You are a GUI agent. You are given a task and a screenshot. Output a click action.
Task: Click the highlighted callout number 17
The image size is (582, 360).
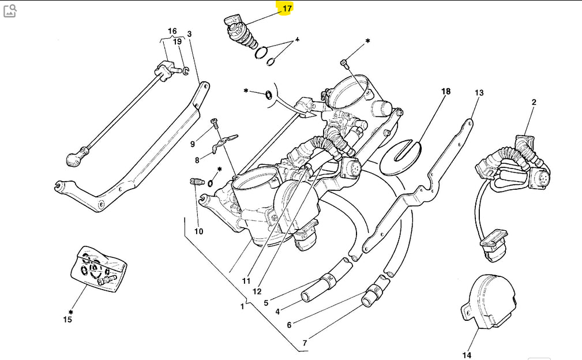[287, 9]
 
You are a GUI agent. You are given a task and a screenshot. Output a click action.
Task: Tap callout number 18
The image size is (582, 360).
[445, 91]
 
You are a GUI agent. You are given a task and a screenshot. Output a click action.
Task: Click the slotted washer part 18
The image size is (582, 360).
[402, 155]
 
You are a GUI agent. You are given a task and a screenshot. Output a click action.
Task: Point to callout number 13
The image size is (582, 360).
[479, 93]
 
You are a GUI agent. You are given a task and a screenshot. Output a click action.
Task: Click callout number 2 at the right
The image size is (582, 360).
[534, 102]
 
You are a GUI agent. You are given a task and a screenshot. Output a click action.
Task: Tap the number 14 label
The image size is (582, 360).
[467, 355]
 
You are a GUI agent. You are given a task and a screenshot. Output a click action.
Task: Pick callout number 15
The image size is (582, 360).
[67, 319]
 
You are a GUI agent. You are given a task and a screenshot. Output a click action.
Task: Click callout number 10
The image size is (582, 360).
[198, 231]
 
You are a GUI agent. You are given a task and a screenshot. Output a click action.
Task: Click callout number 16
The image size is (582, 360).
[172, 31]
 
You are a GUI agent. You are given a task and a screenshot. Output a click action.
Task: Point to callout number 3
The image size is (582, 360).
[189, 33]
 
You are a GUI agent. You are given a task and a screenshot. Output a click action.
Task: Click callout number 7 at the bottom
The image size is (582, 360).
[304, 343]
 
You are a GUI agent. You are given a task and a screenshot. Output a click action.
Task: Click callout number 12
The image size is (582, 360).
[257, 291]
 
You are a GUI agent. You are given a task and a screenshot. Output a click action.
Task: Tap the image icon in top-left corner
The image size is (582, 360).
[9, 10]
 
